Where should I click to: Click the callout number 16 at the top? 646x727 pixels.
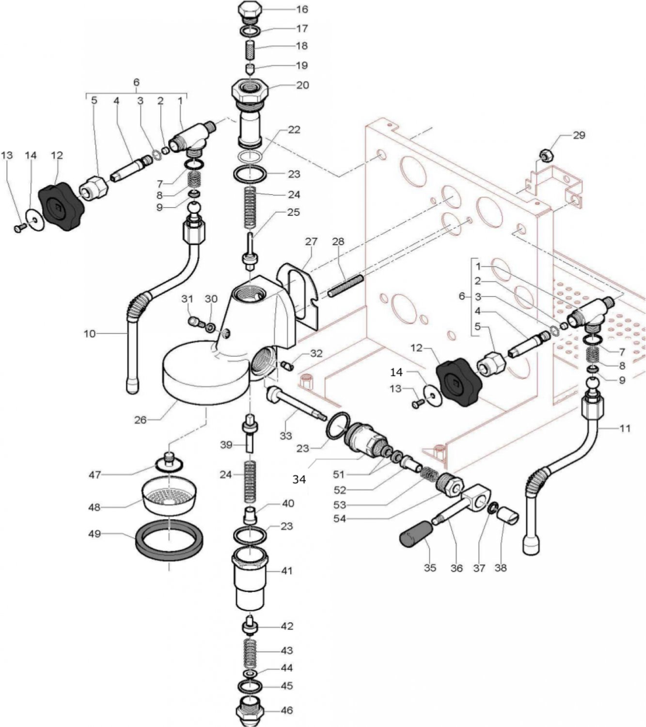(302, 9)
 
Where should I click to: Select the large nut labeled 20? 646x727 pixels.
(250, 91)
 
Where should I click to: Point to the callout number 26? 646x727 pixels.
(140, 419)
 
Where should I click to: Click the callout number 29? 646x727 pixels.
(579, 135)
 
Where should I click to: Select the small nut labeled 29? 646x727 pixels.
(546, 155)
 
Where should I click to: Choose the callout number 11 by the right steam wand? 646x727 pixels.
(625, 428)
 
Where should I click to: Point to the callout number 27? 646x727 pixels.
(310, 241)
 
